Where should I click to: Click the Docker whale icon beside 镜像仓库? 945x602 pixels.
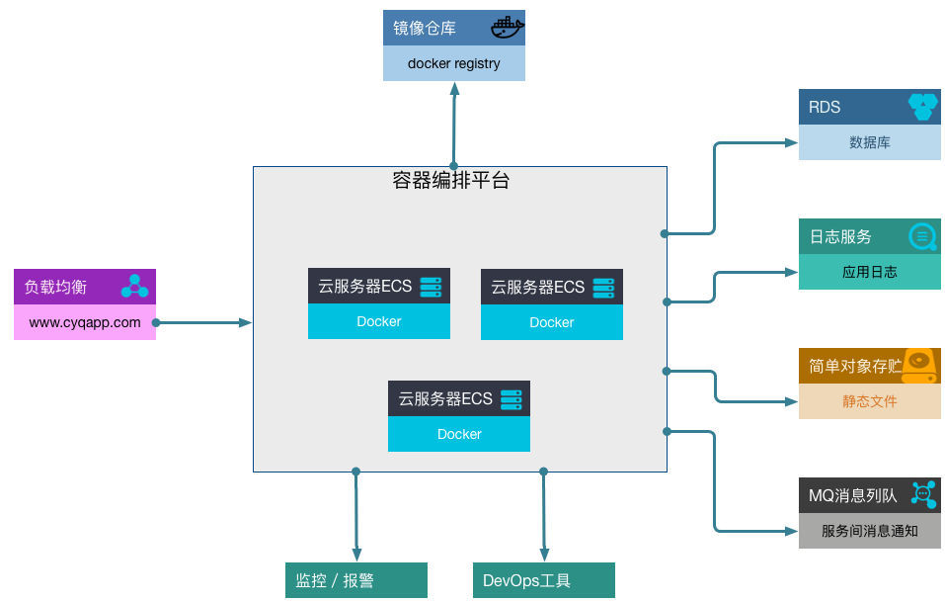507,28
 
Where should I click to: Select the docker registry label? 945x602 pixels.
454,63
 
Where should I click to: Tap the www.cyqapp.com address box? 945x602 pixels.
85,322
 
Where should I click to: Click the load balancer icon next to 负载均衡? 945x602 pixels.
134,287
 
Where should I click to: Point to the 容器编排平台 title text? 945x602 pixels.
451,180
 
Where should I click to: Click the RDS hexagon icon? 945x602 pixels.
922,107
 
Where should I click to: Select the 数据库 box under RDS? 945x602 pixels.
869,142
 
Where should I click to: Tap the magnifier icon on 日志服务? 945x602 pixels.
922,236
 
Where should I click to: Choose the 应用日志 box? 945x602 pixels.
869,272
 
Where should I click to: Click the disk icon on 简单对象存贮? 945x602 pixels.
920,366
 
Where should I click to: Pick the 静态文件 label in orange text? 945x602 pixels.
869,401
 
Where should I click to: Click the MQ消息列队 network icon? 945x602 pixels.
923,494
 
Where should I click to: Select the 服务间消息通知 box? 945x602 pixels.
869,531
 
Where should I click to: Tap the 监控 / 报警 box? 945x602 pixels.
355,580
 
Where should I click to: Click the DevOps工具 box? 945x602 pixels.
543,580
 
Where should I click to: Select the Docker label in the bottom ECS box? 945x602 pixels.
459,434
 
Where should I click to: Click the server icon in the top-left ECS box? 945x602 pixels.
431,287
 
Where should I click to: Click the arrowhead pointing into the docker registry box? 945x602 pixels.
454,88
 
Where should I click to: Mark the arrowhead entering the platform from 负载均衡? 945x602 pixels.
247,322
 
